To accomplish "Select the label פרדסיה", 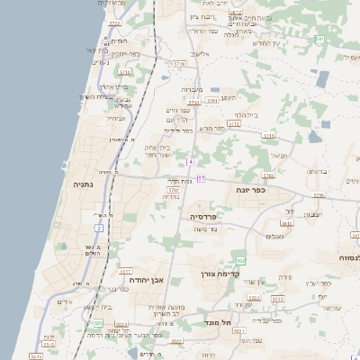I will [x=202, y=217].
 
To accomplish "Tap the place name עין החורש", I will [x=265, y=43].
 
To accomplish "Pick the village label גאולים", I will [x=275, y=237].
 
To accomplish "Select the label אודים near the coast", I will [x=64, y=302].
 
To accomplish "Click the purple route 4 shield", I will [x=191, y=161].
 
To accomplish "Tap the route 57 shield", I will [x=202, y=179].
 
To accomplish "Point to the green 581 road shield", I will [x=319, y=40].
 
